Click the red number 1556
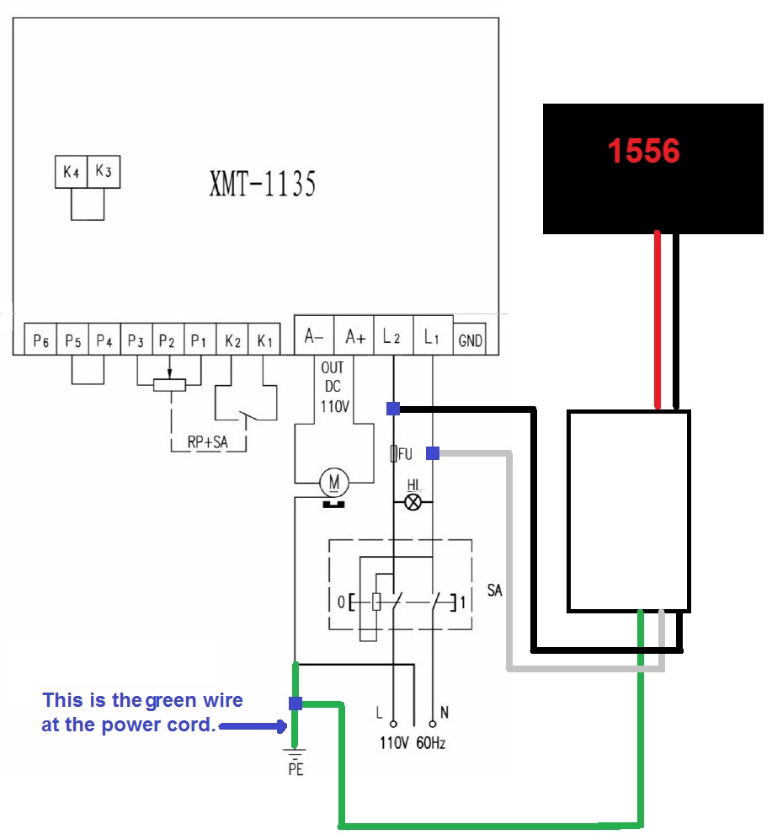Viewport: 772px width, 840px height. point(643,151)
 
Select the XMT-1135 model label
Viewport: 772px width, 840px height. point(262,184)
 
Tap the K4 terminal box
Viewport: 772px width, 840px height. point(71,172)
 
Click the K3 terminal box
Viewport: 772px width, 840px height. point(103,172)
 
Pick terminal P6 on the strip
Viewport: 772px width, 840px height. point(40,340)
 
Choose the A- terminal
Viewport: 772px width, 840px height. point(314,337)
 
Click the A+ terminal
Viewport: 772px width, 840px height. point(354,337)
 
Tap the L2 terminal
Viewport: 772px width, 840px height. point(392,337)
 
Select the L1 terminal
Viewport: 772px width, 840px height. point(432,337)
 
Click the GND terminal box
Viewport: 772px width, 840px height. point(470,340)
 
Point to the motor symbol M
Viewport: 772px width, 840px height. point(334,483)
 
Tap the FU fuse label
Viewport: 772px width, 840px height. point(405,454)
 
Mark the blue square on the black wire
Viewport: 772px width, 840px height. point(393,409)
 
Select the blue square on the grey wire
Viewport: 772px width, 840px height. point(433,453)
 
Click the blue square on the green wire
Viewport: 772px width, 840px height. point(295,704)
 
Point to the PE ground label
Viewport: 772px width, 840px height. point(295,769)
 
